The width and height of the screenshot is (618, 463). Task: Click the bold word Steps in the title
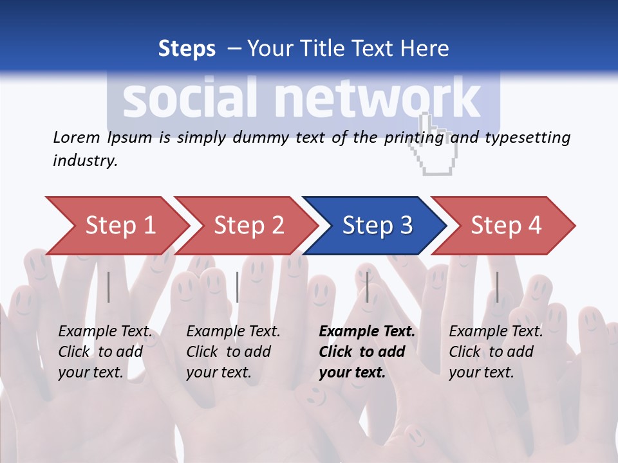point(187,48)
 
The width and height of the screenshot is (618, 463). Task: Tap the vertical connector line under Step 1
point(109,287)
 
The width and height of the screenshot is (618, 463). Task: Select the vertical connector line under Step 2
point(238,287)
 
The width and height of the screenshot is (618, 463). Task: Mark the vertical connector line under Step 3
point(368,287)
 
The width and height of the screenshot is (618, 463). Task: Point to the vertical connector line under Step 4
point(497,287)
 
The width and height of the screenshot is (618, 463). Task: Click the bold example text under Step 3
point(367,352)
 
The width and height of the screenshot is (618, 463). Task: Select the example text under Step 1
point(105,352)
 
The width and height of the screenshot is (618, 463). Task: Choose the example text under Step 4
point(496,352)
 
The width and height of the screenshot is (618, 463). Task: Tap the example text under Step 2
point(233,352)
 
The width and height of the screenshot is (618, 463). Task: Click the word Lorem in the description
point(77,137)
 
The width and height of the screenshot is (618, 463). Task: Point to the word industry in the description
point(84,160)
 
